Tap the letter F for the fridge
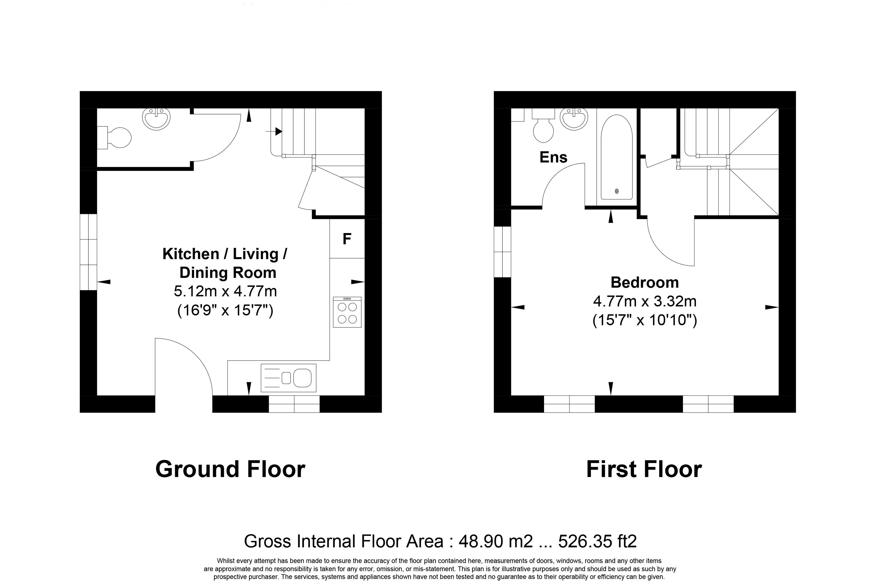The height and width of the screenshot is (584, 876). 347,239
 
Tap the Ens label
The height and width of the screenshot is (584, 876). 554,157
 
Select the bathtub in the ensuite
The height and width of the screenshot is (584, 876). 617,157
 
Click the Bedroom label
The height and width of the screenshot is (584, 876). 645,282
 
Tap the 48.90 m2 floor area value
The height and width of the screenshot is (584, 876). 496,541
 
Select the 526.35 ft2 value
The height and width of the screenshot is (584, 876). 597,541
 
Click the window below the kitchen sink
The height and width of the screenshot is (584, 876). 294,404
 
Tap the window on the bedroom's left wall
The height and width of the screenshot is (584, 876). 502,252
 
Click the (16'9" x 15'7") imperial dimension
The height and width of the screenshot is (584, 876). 225,310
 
